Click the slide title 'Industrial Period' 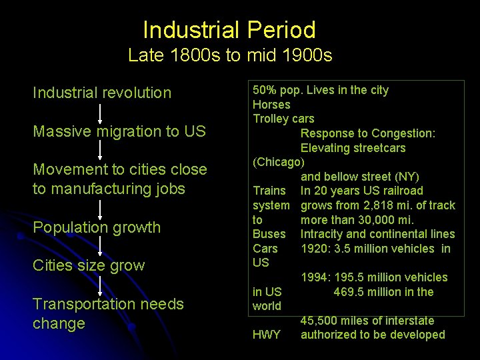click(229, 30)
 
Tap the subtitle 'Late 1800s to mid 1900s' click(230, 55)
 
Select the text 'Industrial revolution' click(102, 93)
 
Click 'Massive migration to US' click(119, 131)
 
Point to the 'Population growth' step click(97, 227)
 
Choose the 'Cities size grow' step click(89, 265)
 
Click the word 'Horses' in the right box click(271, 105)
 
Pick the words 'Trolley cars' click(283, 119)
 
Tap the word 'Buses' click(269, 234)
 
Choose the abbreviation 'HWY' click(267, 335)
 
